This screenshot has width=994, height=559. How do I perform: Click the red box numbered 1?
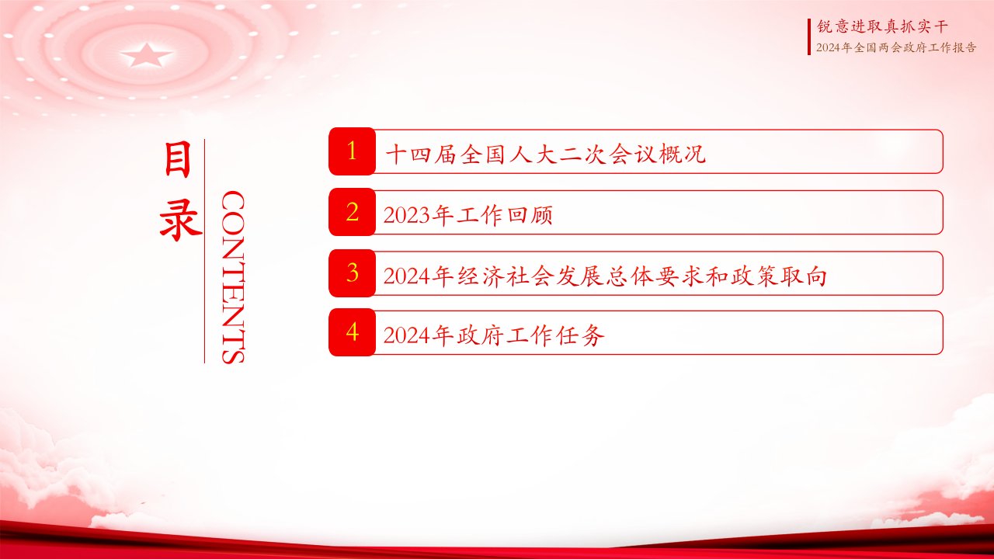(x=353, y=151)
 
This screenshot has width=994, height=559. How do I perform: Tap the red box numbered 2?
(x=353, y=212)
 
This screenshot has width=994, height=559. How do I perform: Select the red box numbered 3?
(x=353, y=273)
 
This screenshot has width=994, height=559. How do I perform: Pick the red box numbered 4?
(x=353, y=332)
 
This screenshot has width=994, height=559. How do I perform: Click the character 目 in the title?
(x=178, y=160)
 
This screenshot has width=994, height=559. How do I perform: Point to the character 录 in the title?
(x=180, y=220)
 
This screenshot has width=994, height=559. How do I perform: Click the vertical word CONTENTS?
(x=233, y=277)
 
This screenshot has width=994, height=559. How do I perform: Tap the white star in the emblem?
(x=147, y=55)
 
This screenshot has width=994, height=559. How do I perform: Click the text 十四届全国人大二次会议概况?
(x=545, y=155)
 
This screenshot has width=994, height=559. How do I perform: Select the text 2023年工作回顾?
(x=467, y=215)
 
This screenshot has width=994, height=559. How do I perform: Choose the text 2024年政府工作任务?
(x=493, y=335)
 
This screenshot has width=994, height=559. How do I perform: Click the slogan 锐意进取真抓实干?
(x=882, y=26)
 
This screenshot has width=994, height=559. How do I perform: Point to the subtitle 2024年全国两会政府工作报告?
(x=896, y=47)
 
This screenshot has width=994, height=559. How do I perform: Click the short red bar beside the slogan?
(x=809, y=36)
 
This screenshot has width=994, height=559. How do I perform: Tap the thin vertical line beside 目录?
(x=204, y=251)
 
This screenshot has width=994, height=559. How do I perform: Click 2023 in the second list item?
(x=407, y=216)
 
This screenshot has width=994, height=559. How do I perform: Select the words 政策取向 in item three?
(x=778, y=276)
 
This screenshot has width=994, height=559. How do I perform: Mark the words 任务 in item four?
(x=579, y=335)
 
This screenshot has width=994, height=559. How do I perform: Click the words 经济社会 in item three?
(x=505, y=276)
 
